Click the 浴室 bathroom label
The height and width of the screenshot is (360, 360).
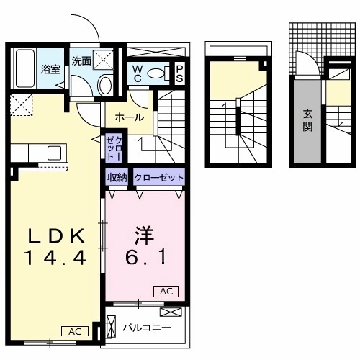point(50,70)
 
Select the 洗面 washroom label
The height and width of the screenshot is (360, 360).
point(81,61)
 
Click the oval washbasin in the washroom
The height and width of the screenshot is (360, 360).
point(104,87)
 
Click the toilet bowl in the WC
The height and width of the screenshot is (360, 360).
point(165,73)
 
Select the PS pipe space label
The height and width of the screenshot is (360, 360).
point(180,74)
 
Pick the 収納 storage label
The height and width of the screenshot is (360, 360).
point(118,176)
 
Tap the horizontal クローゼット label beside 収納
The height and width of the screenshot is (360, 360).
point(158,176)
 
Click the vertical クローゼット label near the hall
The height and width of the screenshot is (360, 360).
point(112,147)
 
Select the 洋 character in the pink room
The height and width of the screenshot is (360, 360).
point(143,235)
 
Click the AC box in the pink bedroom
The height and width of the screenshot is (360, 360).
point(164,292)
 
